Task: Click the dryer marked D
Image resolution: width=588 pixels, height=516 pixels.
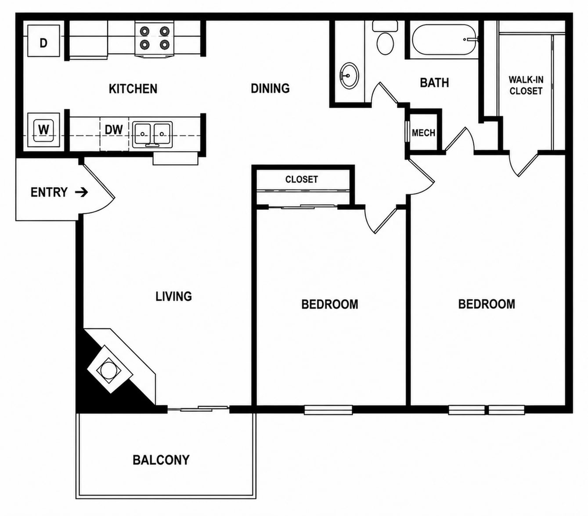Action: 43,41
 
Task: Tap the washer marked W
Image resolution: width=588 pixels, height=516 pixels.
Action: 43,130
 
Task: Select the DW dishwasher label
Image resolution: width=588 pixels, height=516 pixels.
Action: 113,130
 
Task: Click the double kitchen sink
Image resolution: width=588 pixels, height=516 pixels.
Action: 152,134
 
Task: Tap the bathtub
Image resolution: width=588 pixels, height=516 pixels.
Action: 444,40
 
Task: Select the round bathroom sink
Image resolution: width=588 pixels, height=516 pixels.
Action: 349,76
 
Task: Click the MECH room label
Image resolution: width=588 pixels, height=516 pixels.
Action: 423,133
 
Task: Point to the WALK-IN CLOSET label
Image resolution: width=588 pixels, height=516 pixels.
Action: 526,85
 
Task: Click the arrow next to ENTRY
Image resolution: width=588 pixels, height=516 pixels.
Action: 82,192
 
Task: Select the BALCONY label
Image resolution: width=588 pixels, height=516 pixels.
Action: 161,460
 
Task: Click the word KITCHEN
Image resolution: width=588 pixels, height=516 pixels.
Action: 133,89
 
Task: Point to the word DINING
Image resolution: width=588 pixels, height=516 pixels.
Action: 270,88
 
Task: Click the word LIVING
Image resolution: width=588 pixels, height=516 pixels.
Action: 173,296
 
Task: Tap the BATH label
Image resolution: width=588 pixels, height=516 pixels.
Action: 434,83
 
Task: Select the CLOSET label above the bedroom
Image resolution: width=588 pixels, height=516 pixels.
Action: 302,179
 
